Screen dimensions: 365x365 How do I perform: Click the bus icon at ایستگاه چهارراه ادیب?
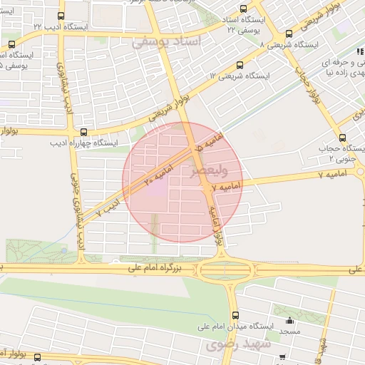tap(84, 132)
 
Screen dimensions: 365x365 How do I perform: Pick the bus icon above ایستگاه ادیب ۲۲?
tap(61, 16)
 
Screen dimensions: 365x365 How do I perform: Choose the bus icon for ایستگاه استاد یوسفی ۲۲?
tap(244, 10)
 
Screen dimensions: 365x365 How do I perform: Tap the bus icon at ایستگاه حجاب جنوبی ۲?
tap(343, 138)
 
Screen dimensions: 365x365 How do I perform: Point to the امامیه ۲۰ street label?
tap(151, 174)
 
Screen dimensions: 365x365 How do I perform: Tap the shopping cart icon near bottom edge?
tap(282, 356)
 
